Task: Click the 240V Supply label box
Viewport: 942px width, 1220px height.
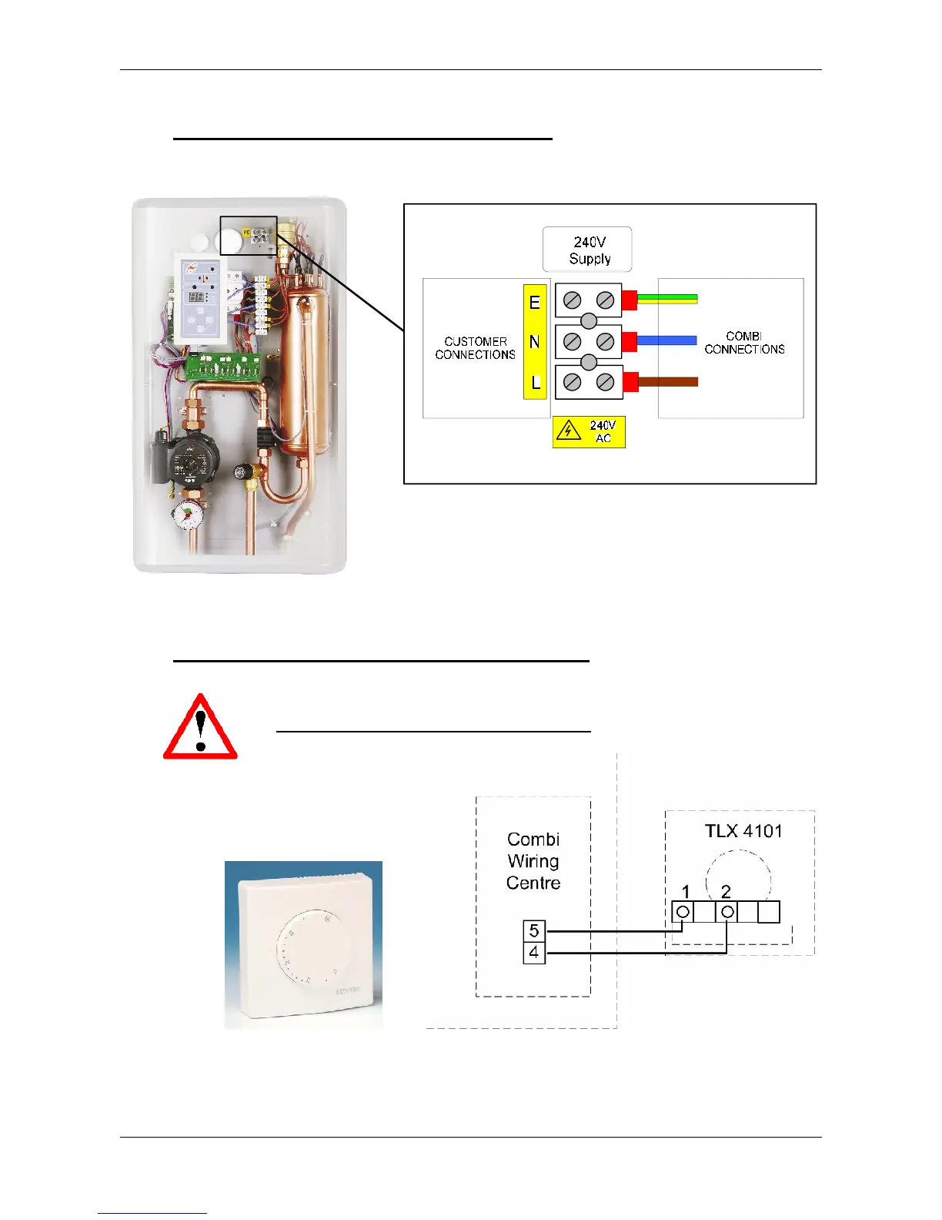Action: (587, 250)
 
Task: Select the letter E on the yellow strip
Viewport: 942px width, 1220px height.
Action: (535, 303)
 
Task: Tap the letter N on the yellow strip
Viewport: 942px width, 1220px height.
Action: (535, 342)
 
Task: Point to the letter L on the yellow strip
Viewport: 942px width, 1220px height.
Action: (536, 382)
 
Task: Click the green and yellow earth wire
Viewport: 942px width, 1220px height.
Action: (666, 299)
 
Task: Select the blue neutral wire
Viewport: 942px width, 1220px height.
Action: (666, 340)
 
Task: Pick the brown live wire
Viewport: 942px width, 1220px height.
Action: (666, 381)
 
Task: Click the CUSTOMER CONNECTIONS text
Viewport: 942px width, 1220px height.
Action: (475, 348)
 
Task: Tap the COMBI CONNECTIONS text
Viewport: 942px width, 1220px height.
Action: (744, 343)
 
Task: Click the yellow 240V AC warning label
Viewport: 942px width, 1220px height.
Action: (589, 432)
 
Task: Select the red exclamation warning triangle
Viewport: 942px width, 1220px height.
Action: (200, 728)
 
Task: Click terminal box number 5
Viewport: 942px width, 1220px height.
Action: (534, 931)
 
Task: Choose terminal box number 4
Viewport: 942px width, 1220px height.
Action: (534, 953)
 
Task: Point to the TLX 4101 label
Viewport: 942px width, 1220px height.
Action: (743, 831)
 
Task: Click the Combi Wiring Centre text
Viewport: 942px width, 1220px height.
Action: (533, 861)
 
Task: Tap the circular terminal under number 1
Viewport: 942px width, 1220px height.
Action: (683, 913)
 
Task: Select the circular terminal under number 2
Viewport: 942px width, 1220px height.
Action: (727, 913)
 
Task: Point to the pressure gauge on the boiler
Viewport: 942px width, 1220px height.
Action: (185, 514)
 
